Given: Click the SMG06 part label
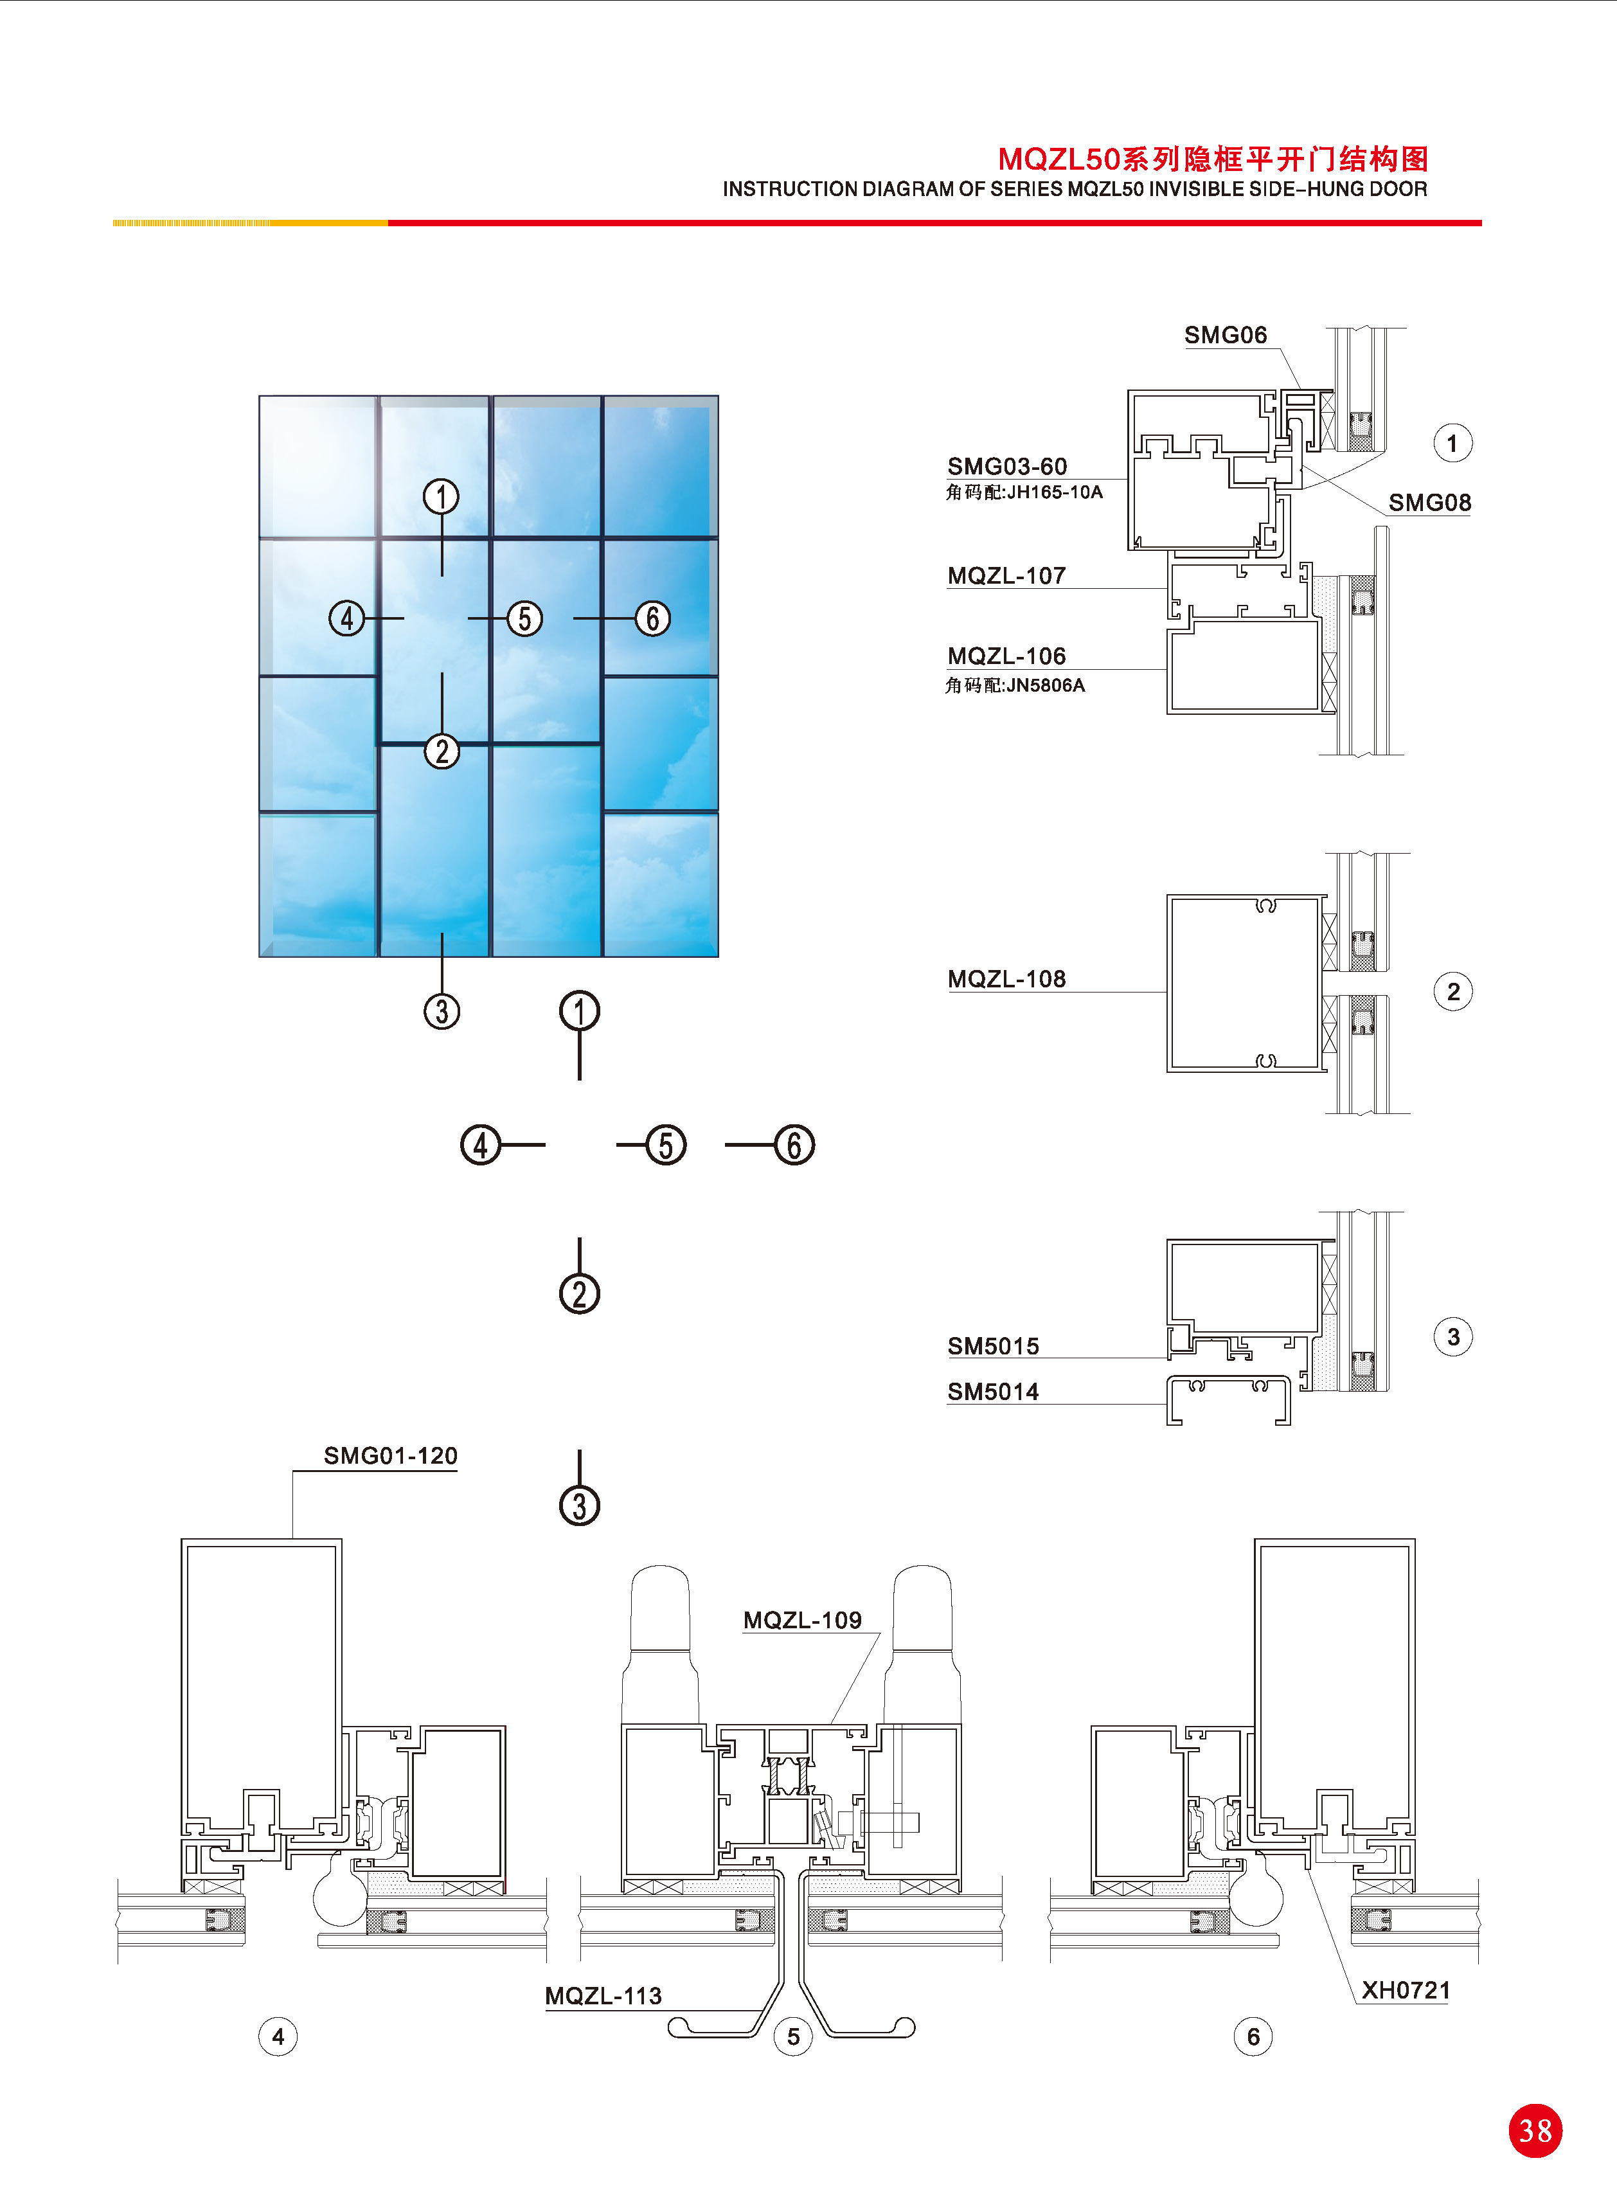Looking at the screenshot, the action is [x=1226, y=335].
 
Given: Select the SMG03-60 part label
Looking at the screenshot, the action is [x=1007, y=466].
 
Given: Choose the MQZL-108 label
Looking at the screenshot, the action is [x=1006, y=979].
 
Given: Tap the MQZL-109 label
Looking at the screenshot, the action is [x=803, y=1620].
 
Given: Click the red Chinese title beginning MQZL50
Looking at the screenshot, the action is [x=1213, y=159].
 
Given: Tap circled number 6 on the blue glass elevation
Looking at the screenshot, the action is [x=653, y=618].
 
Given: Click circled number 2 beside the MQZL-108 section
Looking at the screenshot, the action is [x=1452, y=991].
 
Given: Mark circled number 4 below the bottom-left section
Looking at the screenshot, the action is [x=278, y=2037].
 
